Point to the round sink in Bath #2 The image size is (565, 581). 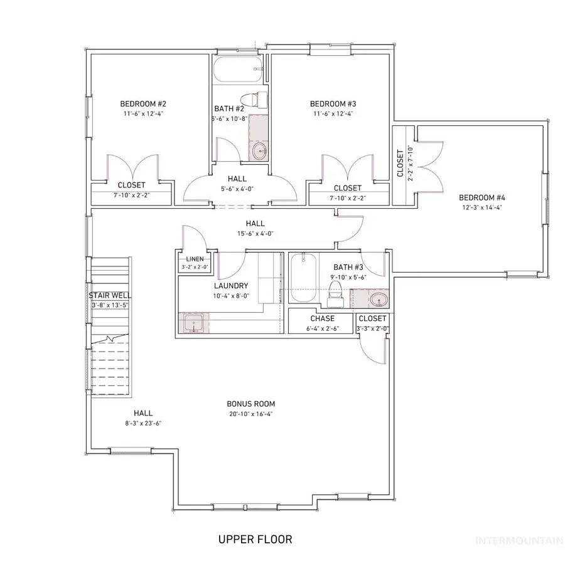tap(259, 150)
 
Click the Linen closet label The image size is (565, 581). tap(194, 259)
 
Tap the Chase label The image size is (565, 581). tap(322, 318)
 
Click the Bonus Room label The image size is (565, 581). tap(251, 404)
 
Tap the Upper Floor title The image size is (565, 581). tap(255, 538)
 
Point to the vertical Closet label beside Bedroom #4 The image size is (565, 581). tap(400, 163)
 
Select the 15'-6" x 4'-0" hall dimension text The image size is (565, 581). tap(255, 233)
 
